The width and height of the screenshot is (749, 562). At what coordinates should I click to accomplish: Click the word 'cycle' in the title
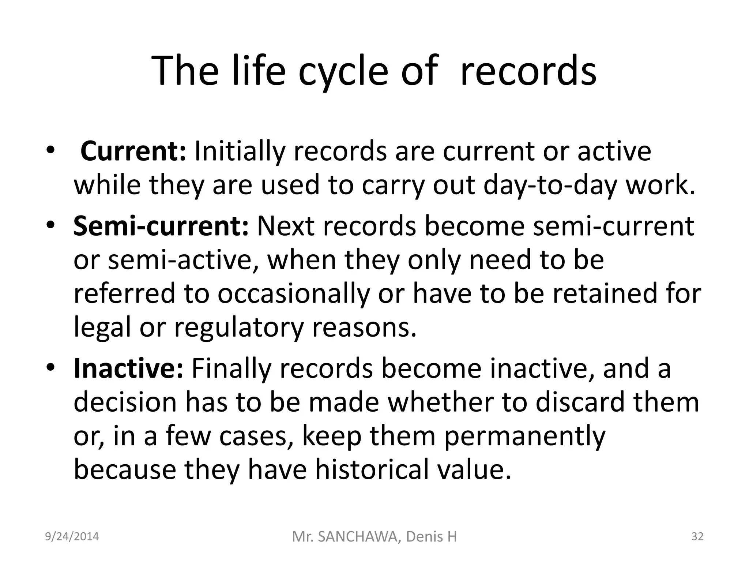(342, 71)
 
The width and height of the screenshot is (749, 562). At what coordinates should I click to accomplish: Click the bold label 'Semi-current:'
(161, 226)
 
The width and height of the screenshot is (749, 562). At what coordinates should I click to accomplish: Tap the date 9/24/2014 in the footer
(72, 536)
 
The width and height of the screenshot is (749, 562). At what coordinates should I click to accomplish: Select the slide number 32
(697, 536)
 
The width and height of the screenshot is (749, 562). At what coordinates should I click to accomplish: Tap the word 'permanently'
(525, 436)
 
